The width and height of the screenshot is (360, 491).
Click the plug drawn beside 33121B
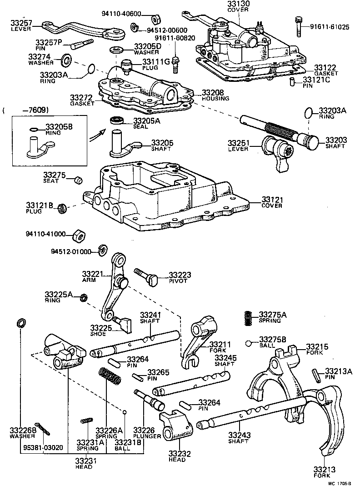point(63,208)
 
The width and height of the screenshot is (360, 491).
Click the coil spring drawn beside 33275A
point(248,317)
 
